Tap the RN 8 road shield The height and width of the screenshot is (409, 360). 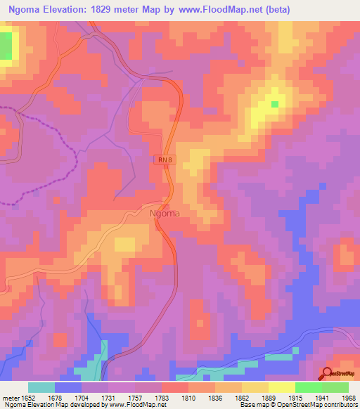(x=165, y=161)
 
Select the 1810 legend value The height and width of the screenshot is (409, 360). (x=188, y=398)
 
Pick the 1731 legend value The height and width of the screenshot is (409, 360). (x=108, y=398)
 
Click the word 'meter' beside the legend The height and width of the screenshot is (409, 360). (x=10, y=398)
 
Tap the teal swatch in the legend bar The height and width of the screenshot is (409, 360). (x=41, y=387)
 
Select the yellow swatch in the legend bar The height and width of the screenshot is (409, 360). (x=282, y=387)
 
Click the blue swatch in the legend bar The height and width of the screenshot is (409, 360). (x=68, y=387)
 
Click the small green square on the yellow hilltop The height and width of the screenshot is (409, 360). (x=274, y=104)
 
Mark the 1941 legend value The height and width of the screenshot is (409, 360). (x=321, y=398)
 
